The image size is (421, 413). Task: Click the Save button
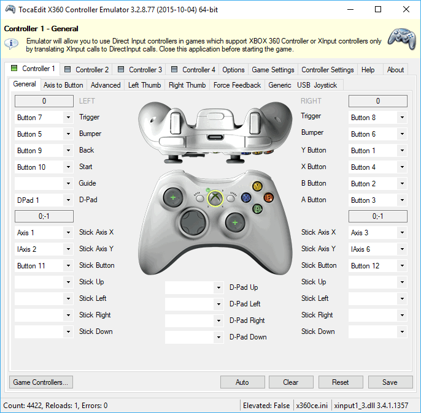point(390,382)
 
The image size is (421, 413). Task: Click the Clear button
point(291,382)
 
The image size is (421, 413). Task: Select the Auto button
point(242,382)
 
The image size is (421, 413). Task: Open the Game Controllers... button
point(42,382)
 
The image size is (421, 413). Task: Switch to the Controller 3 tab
point(140,70)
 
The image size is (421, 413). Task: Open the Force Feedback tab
point(237,85)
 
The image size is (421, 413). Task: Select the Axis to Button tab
point(63,85)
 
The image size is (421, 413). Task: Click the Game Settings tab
point(273,70)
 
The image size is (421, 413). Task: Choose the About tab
point(395,70)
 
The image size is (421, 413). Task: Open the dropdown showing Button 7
point(44,117)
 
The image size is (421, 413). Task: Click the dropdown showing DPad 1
point(44,200)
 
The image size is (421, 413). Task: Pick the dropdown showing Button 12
point(377,265)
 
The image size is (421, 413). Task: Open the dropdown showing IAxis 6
point(377,249)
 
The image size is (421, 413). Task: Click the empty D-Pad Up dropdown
point(194,287)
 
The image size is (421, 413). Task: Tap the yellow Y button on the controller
point(257,186)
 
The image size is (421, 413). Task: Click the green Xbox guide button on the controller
point(214,197)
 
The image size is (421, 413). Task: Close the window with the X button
point(406,9)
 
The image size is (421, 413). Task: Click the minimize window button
point(350,9)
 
